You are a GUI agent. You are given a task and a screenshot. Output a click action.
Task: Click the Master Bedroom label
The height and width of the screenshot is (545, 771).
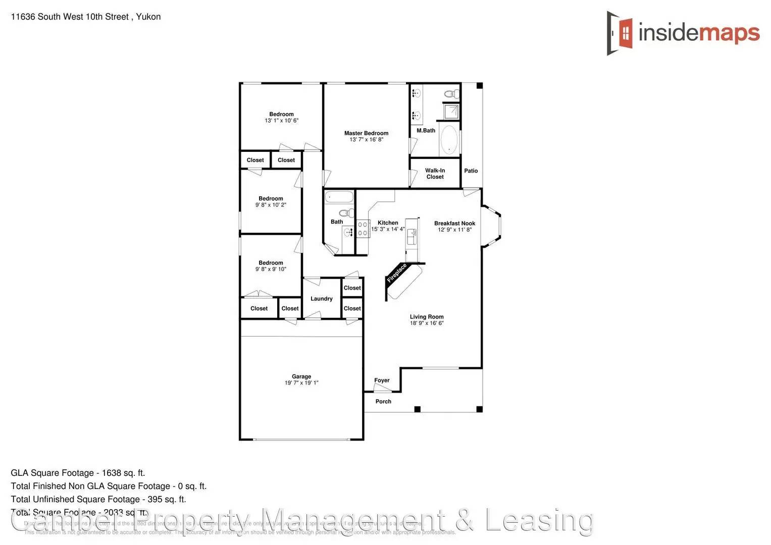(x=366, y=133)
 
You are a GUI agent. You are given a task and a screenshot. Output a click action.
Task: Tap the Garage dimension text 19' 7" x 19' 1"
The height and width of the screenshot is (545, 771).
(x=301, y=383)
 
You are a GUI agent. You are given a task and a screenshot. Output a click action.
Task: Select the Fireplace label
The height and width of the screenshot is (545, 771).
(x=396, y=273)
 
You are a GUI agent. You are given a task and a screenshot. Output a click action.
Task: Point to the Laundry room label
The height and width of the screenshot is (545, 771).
(x=321, y=299)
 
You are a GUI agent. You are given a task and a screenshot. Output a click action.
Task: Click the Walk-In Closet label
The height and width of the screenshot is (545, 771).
(x=435, y=174)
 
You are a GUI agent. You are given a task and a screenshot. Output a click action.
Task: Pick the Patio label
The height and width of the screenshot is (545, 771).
(x=471, y=171)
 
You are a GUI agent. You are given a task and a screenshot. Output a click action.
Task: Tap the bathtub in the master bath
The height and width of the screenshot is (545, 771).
(x=449, y=140)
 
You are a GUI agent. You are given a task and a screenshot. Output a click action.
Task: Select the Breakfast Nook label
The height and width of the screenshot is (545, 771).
(x=454, y=223)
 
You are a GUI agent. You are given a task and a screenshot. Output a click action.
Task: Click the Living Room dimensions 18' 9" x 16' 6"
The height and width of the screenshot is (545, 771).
(x=427, y=323)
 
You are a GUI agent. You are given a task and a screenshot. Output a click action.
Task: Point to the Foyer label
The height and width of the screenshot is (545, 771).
(x=382, y=380)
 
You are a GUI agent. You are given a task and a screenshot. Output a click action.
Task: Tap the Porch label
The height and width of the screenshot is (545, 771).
(x=383, y=402)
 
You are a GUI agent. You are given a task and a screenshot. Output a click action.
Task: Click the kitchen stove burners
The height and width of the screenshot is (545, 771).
(x=363, y=229)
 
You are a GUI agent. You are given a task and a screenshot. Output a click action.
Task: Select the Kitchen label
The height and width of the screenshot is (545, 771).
(x=388, y=223)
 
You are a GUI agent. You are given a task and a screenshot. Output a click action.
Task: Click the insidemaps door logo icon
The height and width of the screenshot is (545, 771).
(x=620, y=33)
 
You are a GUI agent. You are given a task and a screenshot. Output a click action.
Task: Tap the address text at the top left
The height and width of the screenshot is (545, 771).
(x=86, y=17)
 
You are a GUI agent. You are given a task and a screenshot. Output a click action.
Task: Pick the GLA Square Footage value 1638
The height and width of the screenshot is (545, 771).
(x=111, y=473)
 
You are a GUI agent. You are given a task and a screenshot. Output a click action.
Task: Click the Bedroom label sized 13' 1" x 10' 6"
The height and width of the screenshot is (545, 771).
(x=281, y=115)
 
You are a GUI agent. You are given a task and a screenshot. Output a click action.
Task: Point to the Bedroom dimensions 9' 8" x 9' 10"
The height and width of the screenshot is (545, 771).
(x=271, y=269)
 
